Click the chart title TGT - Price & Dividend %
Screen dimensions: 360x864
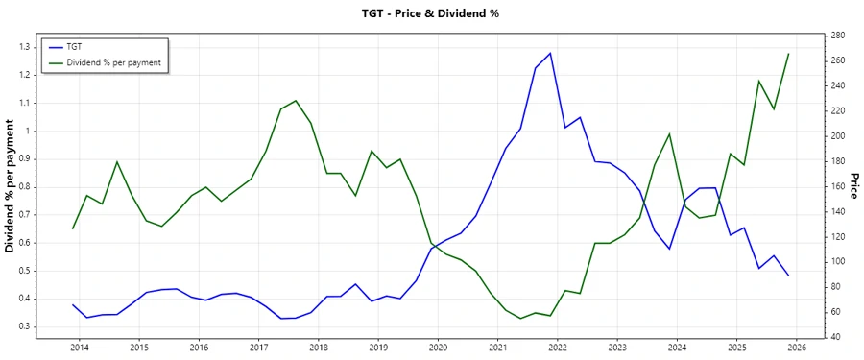coord(432,13)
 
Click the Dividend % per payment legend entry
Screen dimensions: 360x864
coord(113,62)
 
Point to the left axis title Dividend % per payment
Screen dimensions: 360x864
coord(11,186)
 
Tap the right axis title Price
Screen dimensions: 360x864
coord(852,186)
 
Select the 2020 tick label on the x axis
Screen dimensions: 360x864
coord(438,347)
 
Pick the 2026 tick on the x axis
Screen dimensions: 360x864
coord(796,347)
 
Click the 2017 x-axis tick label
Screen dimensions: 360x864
coord(258,347)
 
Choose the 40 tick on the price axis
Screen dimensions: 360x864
coord(838,337)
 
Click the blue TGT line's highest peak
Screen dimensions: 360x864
coord(550,53)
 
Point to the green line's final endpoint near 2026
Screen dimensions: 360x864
coord(789,54)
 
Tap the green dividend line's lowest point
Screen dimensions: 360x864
coord(520,318)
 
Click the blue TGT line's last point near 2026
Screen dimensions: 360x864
coord(789,276)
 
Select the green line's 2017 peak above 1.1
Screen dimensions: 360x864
coord(296,101)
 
